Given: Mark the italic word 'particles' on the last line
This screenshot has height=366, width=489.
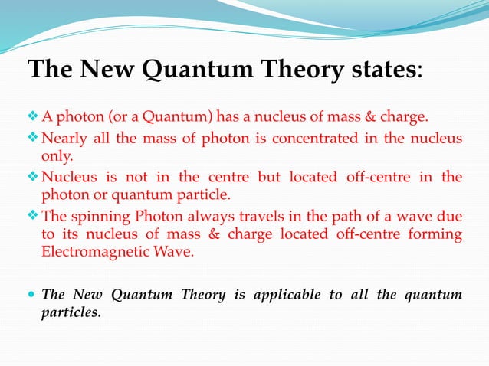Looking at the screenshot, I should point(70,312).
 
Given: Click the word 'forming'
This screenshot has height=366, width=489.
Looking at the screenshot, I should point(438,234).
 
